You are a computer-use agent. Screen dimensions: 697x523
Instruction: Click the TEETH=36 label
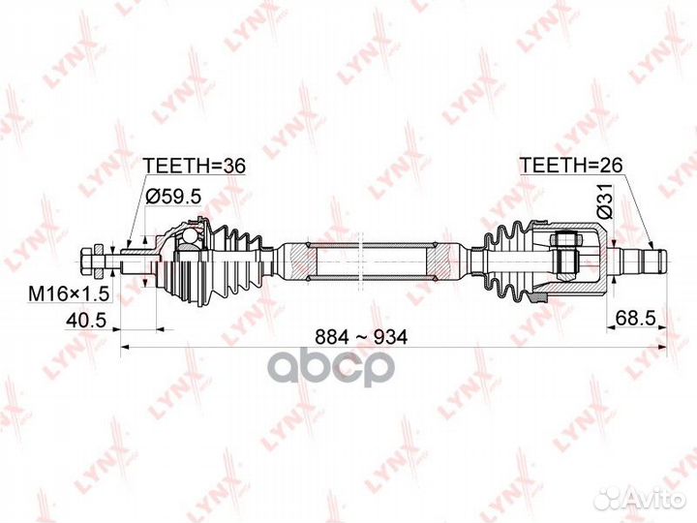coord(196,166)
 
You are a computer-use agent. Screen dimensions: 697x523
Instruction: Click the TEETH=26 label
coord(571,165)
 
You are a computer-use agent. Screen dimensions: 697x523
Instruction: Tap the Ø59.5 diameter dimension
coord(174,196)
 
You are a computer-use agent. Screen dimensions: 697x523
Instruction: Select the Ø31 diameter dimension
coord(605,201)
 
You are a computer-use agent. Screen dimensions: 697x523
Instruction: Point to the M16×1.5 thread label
coord(69,293)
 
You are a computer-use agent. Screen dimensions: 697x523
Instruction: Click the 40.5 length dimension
coord(86,320)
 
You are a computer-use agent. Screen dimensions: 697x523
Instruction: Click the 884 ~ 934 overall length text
coord(361,338)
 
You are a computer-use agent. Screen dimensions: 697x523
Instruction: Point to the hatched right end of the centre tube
coord(438,261)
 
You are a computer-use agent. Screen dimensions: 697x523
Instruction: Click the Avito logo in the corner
coord(640,498)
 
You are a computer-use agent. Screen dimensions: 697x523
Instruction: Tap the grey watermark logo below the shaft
coord(331,368)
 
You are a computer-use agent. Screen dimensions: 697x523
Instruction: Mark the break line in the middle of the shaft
coord(361,260)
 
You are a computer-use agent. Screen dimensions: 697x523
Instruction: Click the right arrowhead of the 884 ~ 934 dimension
coord(663,347)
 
